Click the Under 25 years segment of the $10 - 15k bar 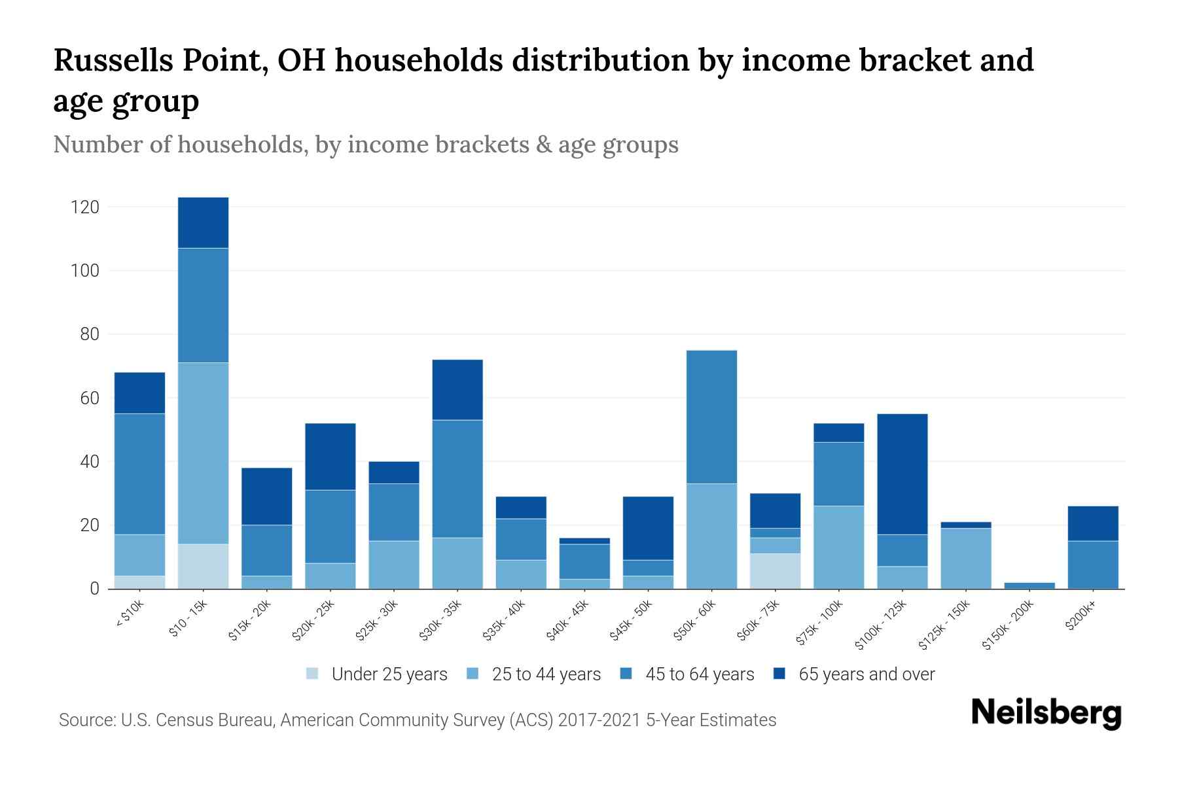pyautogui.click(x=203, y=566)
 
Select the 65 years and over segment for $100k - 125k pyautogui.click(x=902, y=474)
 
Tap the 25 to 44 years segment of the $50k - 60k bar pyautogui.click(x=711, y=536)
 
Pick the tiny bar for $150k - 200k pyautogui.click(x=1029, y=585)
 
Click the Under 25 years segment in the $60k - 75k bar pyautogui.click(x=775, y=570)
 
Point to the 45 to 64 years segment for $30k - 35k pyautogui.click(x=457, y=479)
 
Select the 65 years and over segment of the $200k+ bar pyautogui.click(x=1093, y=523)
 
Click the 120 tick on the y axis pyautogui.click(x=85, y=207)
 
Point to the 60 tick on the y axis pyautogui.click(x=90, y=398)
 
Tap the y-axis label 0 pyautogui.click(x=94, y=589)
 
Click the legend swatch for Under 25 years pyautogui.click(x=313, y=674)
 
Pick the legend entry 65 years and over pyautogui.click(x=866, y=674)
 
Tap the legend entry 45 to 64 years pyautogui.click(x=699, y=674)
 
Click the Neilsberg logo pyautogui.click(x=1046, y=713)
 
